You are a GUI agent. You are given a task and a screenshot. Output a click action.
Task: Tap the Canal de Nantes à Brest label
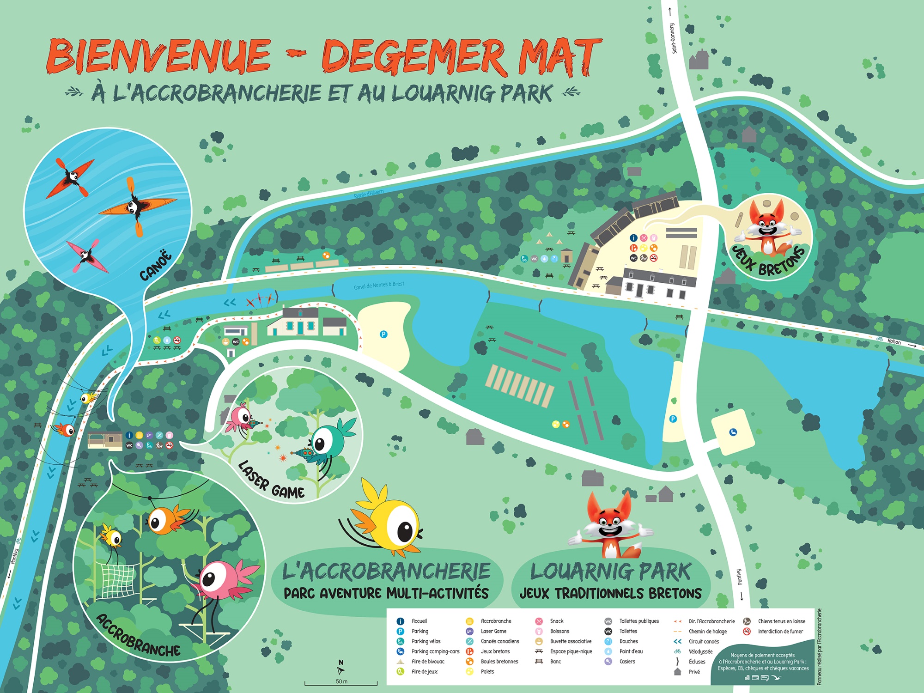(x=379, y=285)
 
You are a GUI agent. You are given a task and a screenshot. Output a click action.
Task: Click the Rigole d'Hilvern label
(x=368, y=194)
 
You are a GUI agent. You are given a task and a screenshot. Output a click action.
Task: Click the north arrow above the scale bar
(x=341, y=669)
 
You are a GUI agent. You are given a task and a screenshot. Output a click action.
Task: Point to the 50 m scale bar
(x=341, y=682)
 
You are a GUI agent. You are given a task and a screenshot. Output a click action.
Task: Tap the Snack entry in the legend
(x=556, y=621)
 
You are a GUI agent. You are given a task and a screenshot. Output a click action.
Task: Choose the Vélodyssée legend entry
(x=700, y=651)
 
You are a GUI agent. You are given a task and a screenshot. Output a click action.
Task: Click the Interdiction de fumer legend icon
(x=747, y=631)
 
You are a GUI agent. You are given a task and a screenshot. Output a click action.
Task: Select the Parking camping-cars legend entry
(x=435, y=651)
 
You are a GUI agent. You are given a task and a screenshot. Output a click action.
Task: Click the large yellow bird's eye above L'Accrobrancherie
(x=405, y=531)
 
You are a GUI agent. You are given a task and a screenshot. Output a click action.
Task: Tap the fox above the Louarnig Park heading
(x=610, y=527)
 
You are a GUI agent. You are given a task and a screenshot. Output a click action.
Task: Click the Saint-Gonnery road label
(x=673, y=38)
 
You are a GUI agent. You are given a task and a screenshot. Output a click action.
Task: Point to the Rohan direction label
(x=894, y=342)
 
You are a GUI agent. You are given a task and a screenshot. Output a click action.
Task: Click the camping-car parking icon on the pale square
(x=733, y=432)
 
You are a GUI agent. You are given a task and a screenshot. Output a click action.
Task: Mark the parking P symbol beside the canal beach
(x=383, y=334)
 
